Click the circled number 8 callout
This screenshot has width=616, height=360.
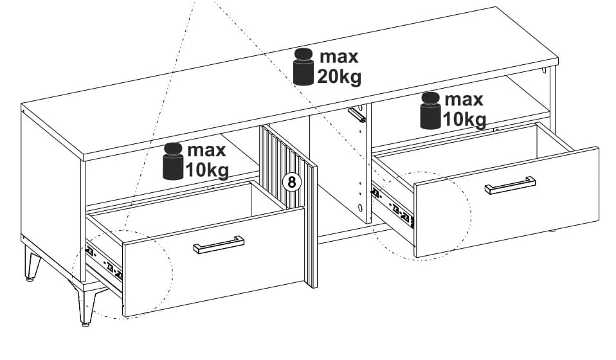pyautogui.click(x=291, y=182)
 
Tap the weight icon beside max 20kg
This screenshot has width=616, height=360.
pyautogui.click(x=303, y=67)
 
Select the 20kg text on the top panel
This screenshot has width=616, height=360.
pyautogui.click(x=339, y=77)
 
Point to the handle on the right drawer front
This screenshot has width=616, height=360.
pyautogui.click(x=510, y=185)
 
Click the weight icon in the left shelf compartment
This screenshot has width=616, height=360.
pyautogui.click(x=173, y=161)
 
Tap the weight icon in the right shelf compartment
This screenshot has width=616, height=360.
pyautogui.click(x=431, y=111)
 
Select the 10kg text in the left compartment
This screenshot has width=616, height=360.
pyautogui.click(x=207, y=171)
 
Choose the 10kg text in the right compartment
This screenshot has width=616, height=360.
pyautogui.click(x=465, y=120)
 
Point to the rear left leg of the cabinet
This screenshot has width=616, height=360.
pyautogui.click(x=32, y=263)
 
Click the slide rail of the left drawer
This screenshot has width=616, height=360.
pyautogui.click(x=104, y=263)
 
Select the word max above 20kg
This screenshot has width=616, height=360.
pyautogui.click(x=339, y=57)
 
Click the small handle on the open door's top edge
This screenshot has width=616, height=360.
pyautogui.click(x=357, y=114)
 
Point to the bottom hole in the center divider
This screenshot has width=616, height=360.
pyautogui.click(x=360, y=208)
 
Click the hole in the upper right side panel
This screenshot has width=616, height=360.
pyautogui.click(x=544, y=71)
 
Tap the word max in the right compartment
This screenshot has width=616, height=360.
pyautogui.click(x=464, y=100)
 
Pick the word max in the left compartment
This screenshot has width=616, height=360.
pyautogui.click(x=206, y=150)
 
